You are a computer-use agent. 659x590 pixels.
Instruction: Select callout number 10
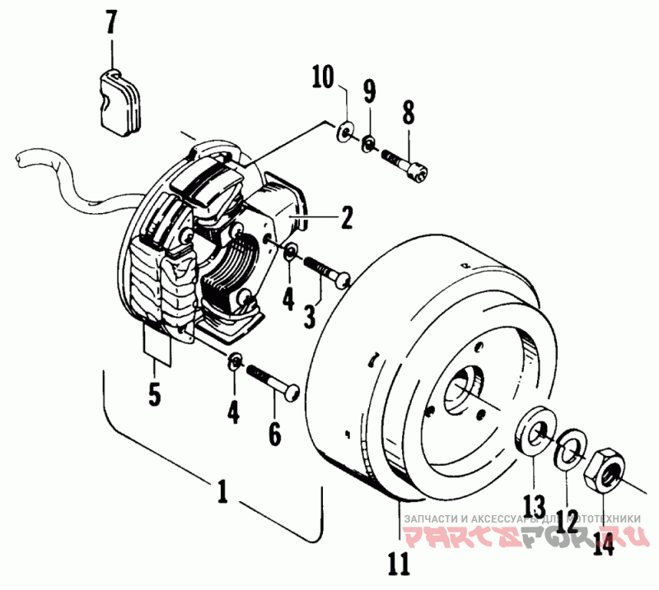[323, 79]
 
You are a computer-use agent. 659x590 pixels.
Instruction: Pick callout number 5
[154, 393]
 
